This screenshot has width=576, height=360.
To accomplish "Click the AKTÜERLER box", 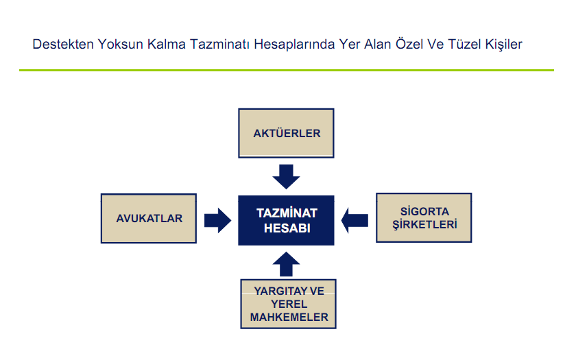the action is (286, 133).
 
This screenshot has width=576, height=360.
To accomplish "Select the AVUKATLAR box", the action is (149, 219).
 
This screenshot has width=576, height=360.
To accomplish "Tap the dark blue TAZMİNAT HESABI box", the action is (286, 220).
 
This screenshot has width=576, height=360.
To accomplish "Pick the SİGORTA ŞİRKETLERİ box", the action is (424, 218).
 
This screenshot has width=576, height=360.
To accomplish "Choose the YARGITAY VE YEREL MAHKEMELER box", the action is (289, 304).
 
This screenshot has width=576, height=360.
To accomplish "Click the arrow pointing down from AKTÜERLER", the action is (286, 177).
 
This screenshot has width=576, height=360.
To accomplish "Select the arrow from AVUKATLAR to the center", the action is (218, 220).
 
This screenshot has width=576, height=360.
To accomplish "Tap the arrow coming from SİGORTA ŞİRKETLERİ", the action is (355, 220).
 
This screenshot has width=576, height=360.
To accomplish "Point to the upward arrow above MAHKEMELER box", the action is (286, 264).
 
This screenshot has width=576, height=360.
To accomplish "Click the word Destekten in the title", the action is (63, 44).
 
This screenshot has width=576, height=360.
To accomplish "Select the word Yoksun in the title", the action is (121, 45).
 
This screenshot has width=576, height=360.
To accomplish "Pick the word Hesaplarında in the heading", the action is (294, 45).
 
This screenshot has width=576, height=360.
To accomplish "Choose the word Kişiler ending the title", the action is (503, 45).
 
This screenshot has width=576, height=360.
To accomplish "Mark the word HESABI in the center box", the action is (287, 228).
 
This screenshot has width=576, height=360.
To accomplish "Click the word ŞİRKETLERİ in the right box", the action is (424, 224).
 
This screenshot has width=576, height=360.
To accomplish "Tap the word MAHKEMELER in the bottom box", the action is (289, 317).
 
